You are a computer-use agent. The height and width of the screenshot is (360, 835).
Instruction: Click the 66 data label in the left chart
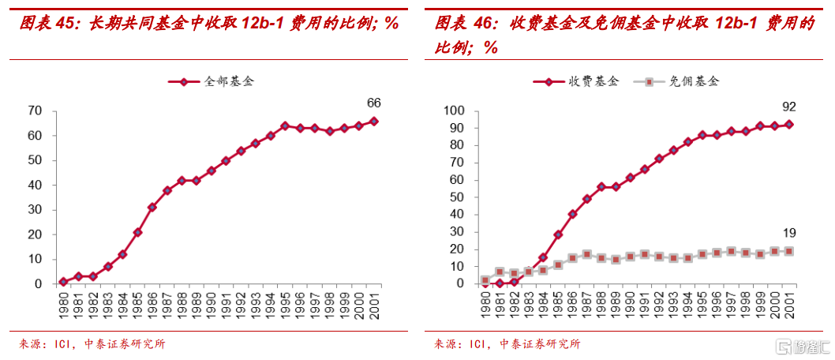374,103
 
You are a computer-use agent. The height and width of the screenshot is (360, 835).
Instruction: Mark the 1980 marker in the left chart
63,282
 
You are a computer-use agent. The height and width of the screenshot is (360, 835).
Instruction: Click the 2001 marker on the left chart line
374,121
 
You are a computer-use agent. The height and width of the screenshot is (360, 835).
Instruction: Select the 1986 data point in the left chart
152,207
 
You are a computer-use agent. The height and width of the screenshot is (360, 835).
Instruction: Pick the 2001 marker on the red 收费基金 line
788,124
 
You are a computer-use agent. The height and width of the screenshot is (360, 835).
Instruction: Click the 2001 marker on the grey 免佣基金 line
788,251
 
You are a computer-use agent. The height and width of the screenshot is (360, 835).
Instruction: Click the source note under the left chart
92,344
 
